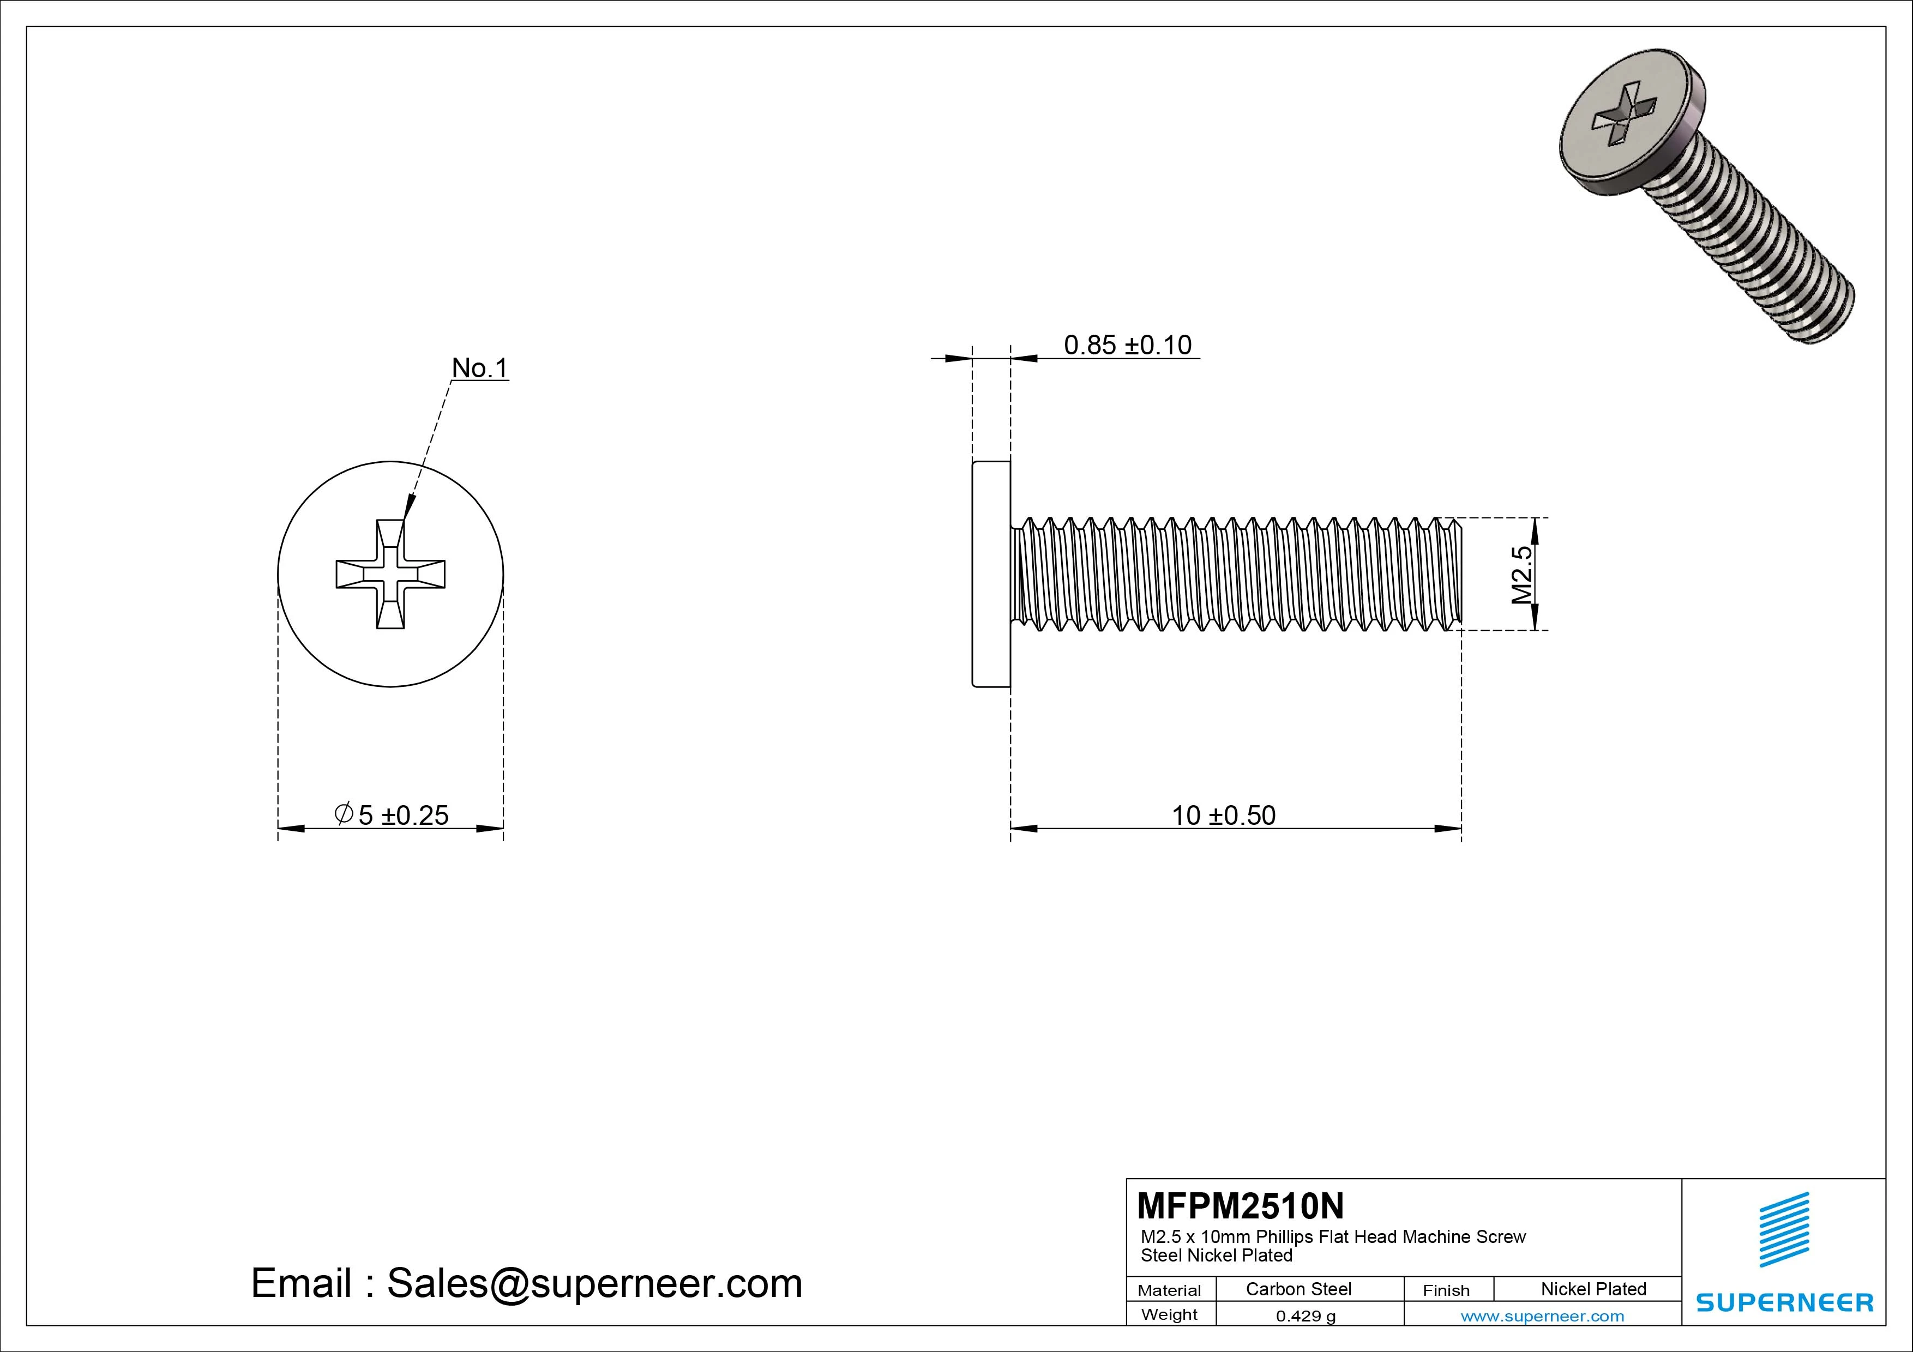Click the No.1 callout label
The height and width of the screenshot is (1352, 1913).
(479, 367)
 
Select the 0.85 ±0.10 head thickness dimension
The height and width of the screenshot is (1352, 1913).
(1127, 345)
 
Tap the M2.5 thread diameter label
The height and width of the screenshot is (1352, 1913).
(1521, 574)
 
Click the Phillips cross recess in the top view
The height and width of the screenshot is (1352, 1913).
(390, 574)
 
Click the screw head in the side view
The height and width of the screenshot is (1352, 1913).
(991, 574)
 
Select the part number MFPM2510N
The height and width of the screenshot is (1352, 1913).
(1240, 1205)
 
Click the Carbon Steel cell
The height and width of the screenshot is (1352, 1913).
(1298, 1289)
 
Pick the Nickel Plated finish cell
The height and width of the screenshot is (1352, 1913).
(1593, 1289)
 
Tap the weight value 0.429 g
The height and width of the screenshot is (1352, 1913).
(1306, 1316)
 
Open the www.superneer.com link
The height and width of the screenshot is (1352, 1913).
(1542, 1316)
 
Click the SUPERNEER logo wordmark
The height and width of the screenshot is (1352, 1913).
(1785, 1302)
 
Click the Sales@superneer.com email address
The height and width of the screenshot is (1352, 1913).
(594, 1283)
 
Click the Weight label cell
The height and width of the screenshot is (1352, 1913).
(1169, 1314)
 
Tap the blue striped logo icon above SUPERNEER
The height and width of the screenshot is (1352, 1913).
(1784, 1229)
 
